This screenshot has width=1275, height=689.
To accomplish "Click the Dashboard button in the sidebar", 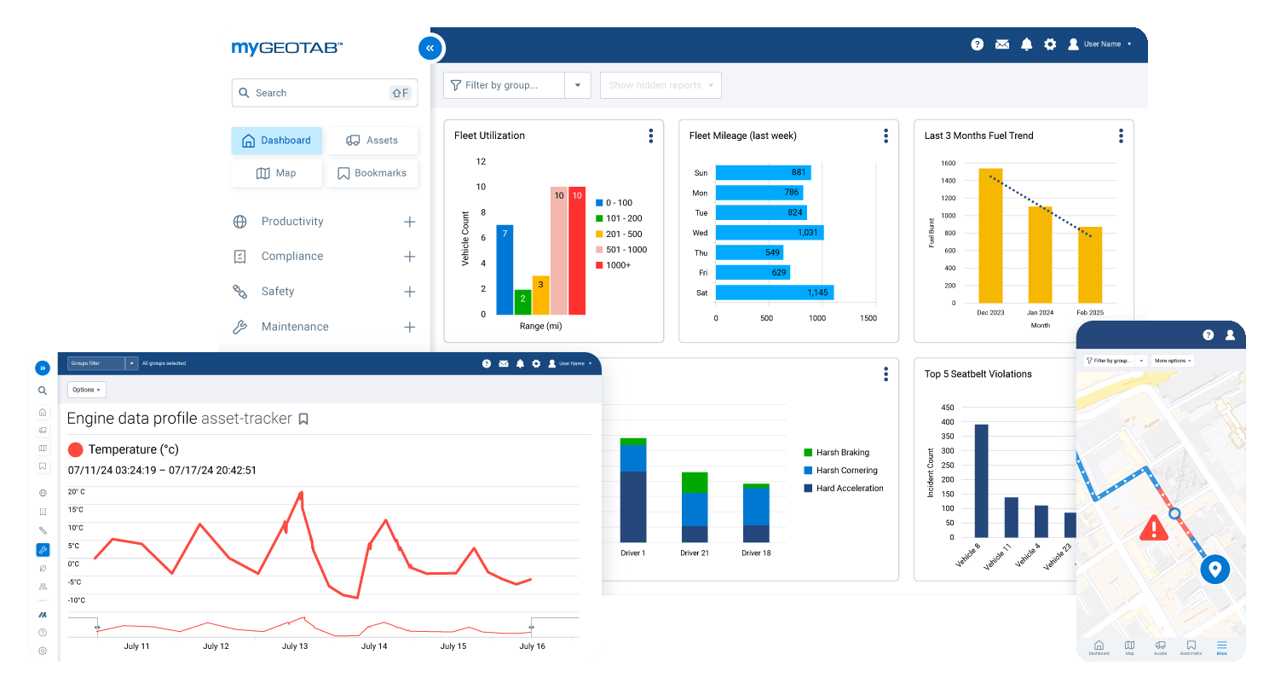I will coord(276,141).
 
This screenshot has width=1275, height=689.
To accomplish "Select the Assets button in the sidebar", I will coord(372,141).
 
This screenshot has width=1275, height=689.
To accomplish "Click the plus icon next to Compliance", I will coord(409,257).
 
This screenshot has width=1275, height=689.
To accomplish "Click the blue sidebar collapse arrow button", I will coord(430,49).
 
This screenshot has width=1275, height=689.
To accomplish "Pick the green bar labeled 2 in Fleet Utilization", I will coord(522,302).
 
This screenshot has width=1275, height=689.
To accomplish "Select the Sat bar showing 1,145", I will coord(774,292).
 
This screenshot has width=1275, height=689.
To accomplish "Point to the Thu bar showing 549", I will coord(748,252).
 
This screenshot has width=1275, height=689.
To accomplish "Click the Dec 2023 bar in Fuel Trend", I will coord(990,235).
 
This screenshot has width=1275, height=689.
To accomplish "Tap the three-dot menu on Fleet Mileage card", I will coord(886,136).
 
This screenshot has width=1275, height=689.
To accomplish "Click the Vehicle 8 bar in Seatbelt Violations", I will coord(981,480).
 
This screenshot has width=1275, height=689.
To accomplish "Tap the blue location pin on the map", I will coord(1214,569).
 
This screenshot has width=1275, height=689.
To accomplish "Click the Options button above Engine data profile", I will coord(86,390).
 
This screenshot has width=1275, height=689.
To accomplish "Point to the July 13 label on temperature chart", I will coord(295,646).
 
